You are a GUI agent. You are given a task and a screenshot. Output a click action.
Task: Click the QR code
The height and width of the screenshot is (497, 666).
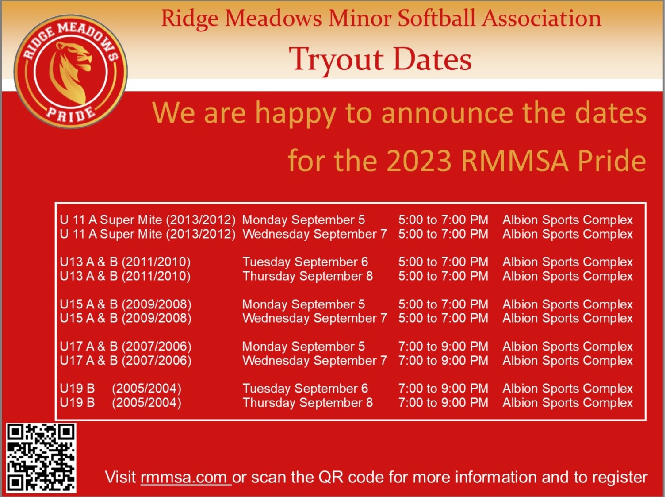tap(41, 458)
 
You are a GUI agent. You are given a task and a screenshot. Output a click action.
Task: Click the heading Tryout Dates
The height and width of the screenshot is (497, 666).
tap(380, 60)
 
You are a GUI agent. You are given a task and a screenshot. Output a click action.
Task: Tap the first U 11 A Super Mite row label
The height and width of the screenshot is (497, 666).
tap(148, 220)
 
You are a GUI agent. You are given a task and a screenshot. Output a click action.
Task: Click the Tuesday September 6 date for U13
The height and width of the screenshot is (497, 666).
tap(305, 262)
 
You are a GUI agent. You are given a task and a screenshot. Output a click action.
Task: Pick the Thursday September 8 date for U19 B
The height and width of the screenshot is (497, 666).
tap(308, 403)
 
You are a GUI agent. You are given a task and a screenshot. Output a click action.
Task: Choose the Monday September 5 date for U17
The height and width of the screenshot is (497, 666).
tap(304, 347)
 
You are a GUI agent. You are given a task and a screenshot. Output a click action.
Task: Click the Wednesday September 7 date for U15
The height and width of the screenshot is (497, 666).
tap(315, 318)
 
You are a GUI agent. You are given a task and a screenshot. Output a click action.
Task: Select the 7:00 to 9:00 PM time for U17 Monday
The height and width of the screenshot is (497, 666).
tap(443, 347)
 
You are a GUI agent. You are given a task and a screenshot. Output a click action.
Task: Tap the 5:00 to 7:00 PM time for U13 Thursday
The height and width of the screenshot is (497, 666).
tap(443, 276)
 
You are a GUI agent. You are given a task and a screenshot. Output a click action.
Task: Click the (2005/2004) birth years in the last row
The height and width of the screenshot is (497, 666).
tap(146, 403)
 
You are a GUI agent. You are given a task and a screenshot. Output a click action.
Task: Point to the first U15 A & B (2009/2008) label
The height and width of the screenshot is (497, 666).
tap(126, 304)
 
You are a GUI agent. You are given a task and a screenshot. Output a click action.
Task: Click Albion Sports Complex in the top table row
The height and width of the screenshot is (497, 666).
tap(568, 220)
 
